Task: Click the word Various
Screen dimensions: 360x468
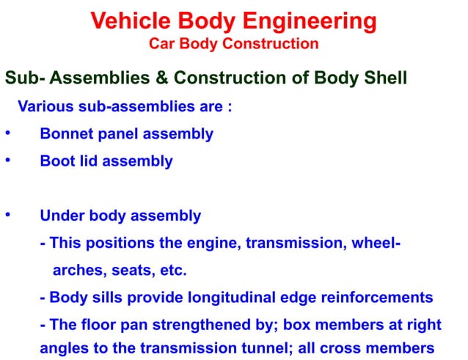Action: click(45, 107)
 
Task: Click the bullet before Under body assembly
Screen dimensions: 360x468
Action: click(7, 216)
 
